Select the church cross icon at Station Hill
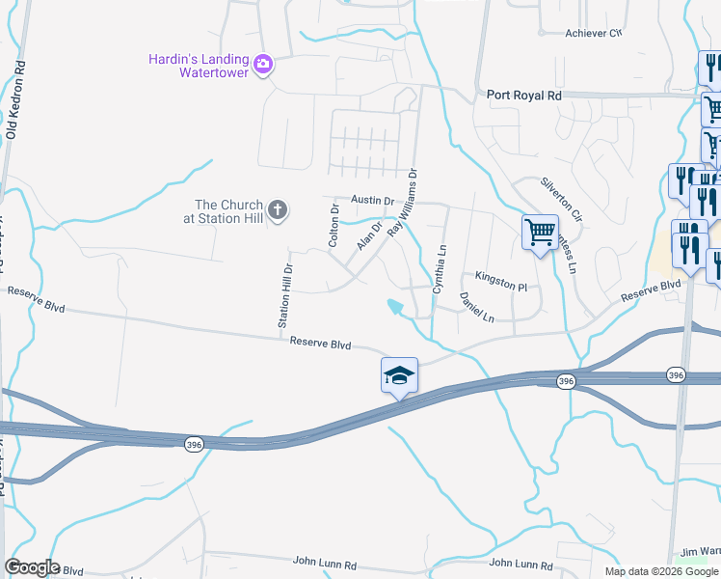pos(278,210)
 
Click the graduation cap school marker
pos(399,375)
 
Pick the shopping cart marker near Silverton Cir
pos(539,232)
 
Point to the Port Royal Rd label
pos(524,96)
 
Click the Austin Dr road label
pos(373,201)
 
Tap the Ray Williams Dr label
pos(403,204)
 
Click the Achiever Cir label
pos(593,33)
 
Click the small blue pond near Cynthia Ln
pos(396,308)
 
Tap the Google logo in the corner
pos(32,567)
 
